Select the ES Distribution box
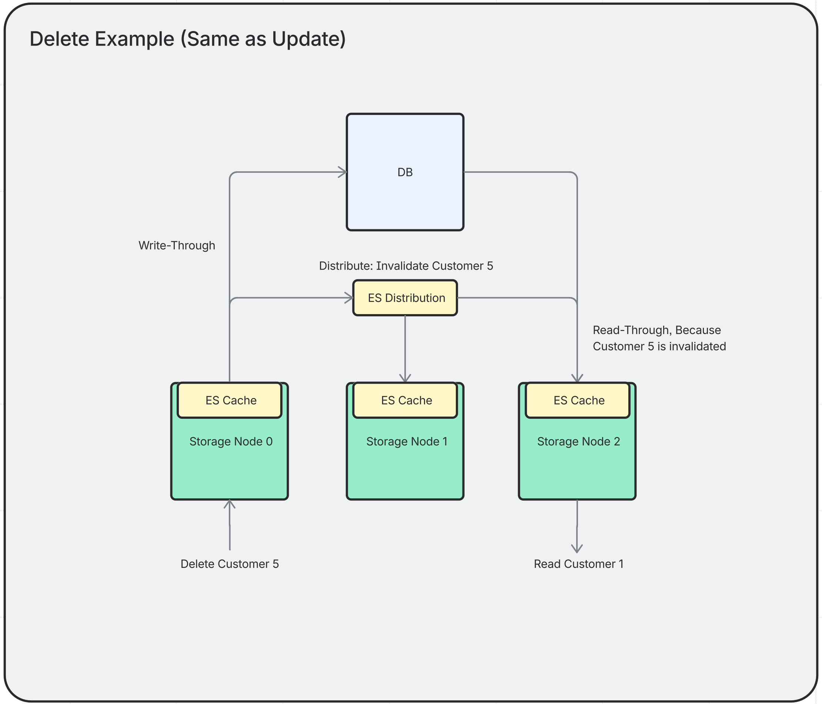click(405, 298)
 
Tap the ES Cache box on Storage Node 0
click(230, 400)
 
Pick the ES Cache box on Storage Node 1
click(405, 400)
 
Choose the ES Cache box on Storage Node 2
click(578, 400)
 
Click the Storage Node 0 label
click(231, 442)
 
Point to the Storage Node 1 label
click(407, 442)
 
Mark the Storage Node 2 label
click(578, 442)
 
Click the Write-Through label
click(177, 245)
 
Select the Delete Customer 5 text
click(230, 564)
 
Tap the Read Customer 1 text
click(578, 564)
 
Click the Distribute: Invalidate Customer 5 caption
click(406, 266)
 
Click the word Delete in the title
click(59, 39)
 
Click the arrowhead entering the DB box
click(343, 172)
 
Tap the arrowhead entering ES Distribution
click(350, 298)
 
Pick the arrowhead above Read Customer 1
click(577, 549)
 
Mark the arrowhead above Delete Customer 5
click(230, 504)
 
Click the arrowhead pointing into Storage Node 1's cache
click(405, 378)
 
